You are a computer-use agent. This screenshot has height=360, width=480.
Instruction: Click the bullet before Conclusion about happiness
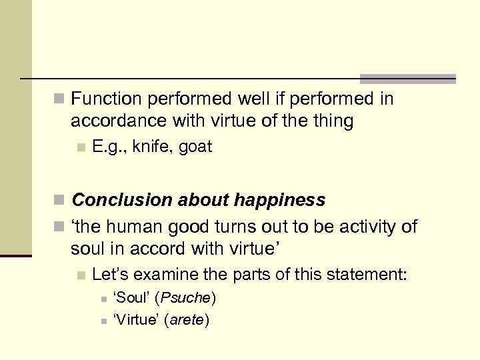pyautogui.click(x=59, y=201)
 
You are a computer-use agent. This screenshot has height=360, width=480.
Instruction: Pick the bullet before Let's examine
pyautogui.click(x=81, y=274)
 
